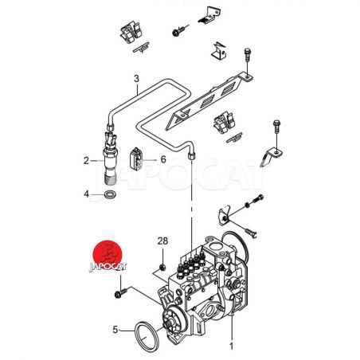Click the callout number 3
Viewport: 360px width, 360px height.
tap(136, 79)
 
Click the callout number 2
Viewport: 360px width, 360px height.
tap(86, 161)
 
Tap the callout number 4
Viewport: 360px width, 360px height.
tap(86, 194)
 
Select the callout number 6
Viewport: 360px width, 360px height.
tap(163, 159)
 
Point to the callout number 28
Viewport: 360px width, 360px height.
tap(162, 241)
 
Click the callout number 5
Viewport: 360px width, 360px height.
tap(115, 330)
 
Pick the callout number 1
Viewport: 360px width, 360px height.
tap(231, 346)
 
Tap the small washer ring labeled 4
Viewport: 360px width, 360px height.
tap(109, 194)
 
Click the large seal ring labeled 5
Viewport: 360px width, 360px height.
tap(147, 335)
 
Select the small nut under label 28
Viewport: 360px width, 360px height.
tap(163, 267)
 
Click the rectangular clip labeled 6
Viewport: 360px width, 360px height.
tap(135, 158)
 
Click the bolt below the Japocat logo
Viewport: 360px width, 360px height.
tap(120, 293)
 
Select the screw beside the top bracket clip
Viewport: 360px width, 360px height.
tap(179, 30)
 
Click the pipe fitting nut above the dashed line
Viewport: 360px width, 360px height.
tap(191, 155)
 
